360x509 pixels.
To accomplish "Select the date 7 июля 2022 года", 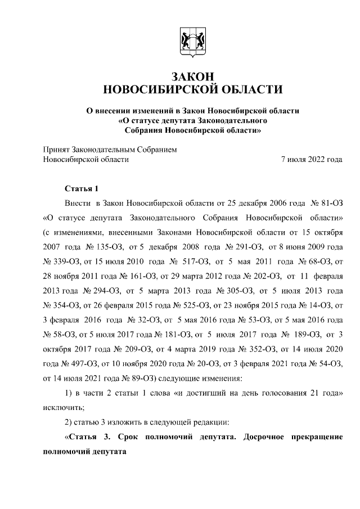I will coord(312,159).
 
